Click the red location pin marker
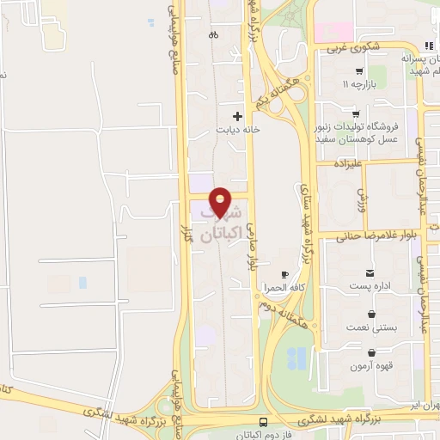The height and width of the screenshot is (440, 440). coord(221,202)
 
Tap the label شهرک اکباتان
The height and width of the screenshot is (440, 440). coord(221,223)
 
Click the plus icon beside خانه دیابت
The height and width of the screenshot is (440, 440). coord(238,115)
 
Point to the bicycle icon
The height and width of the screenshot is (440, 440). coord(213,35)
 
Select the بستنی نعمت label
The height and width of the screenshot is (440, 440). coord(371,327)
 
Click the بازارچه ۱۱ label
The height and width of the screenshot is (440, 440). coord(358,86)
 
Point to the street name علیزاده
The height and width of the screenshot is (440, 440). coord(351,161)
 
